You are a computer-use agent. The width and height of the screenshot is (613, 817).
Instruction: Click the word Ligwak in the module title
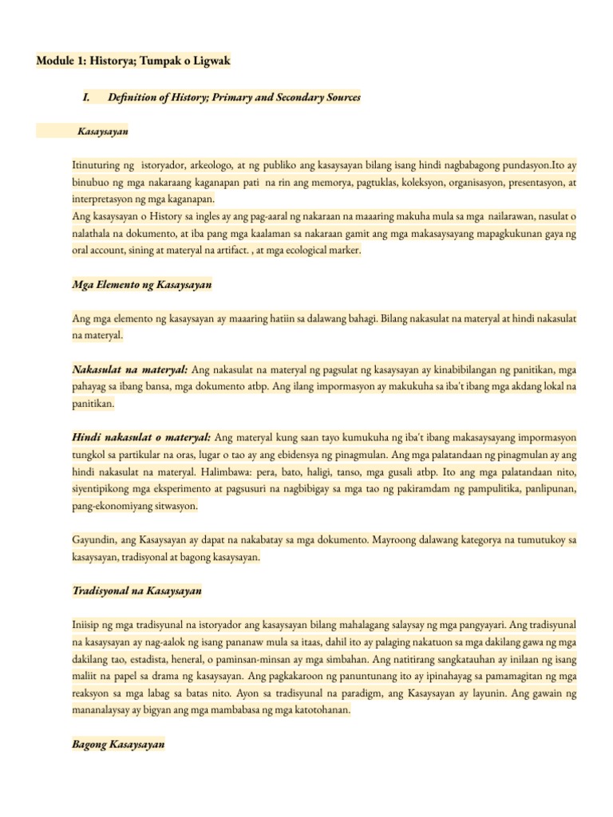click(x=207, y=61)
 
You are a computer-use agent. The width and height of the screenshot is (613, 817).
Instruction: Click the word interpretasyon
click(x=104, y=199)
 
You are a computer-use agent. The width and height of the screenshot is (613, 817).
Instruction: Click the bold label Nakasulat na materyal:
click(x=130, y=369)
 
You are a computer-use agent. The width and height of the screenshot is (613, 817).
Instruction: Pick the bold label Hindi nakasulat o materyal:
click(x=142, y=437)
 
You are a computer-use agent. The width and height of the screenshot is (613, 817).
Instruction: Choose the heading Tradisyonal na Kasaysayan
click(x=136, y=591)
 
